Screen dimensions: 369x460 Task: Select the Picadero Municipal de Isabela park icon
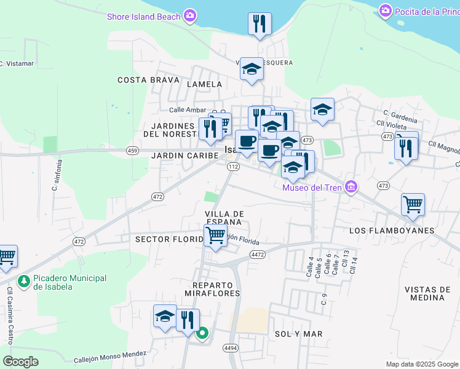click(24, 282)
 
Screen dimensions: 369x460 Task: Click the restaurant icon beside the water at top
click(260, 24)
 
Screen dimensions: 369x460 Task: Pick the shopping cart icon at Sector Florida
click(215, 235)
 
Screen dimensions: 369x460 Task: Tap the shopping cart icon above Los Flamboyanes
click(413, 204)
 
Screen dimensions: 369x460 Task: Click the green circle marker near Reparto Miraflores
click(202, 334)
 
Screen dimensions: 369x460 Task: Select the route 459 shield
click(132, 150)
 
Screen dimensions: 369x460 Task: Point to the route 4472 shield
click(258, 254)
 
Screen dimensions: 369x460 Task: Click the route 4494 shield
click(231, 348)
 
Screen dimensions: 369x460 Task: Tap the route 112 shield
click(233, 167)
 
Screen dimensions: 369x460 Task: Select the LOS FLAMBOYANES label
click(391, 231)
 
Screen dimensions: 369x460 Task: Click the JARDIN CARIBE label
click(185, 156)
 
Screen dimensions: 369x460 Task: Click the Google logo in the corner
click(20, 361)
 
